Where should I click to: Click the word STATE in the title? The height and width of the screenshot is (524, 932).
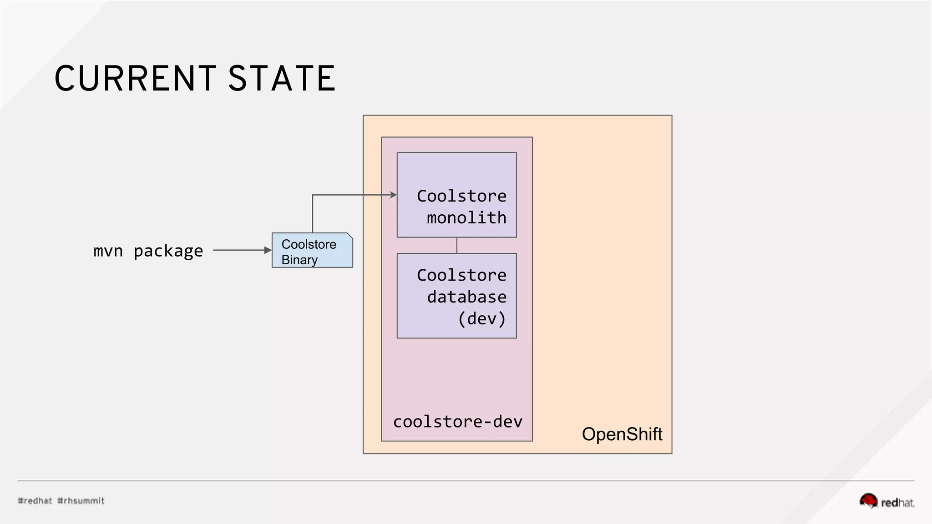(x=282, y=78)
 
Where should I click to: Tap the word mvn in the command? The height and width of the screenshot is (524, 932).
(x=108, y=251)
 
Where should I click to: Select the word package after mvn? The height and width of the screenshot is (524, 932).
(x=168, y=251)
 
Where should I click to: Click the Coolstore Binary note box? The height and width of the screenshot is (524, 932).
(x=312, y=250)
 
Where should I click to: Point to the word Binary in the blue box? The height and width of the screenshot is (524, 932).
(x=299, y=260)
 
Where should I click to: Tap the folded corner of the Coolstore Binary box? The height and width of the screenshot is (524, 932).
(x=349, y=236)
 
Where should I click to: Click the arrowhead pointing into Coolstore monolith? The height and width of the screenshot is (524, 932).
(x=394, y=195)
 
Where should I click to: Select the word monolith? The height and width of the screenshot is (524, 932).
(x=466, y=218)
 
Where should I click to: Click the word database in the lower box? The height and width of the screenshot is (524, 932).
(x=466, y=297)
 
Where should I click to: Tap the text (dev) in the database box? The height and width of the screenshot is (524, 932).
(x=481, y=318)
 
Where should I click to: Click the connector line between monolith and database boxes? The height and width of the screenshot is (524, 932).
(x=457, y=245)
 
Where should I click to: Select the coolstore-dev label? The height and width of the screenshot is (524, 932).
(x=457, y=422)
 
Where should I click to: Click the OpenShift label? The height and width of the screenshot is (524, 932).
(x=622, y=434)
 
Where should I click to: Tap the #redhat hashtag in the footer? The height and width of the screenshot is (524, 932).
(x=35, y=501)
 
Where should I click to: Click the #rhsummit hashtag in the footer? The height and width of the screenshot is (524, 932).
(x=81, y=501)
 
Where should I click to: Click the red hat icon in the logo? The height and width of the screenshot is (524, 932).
(x=868, y=500)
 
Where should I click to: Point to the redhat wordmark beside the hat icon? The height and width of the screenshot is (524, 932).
(x=897, y=503)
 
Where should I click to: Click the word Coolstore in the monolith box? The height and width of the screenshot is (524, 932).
(x=461, y=196)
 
